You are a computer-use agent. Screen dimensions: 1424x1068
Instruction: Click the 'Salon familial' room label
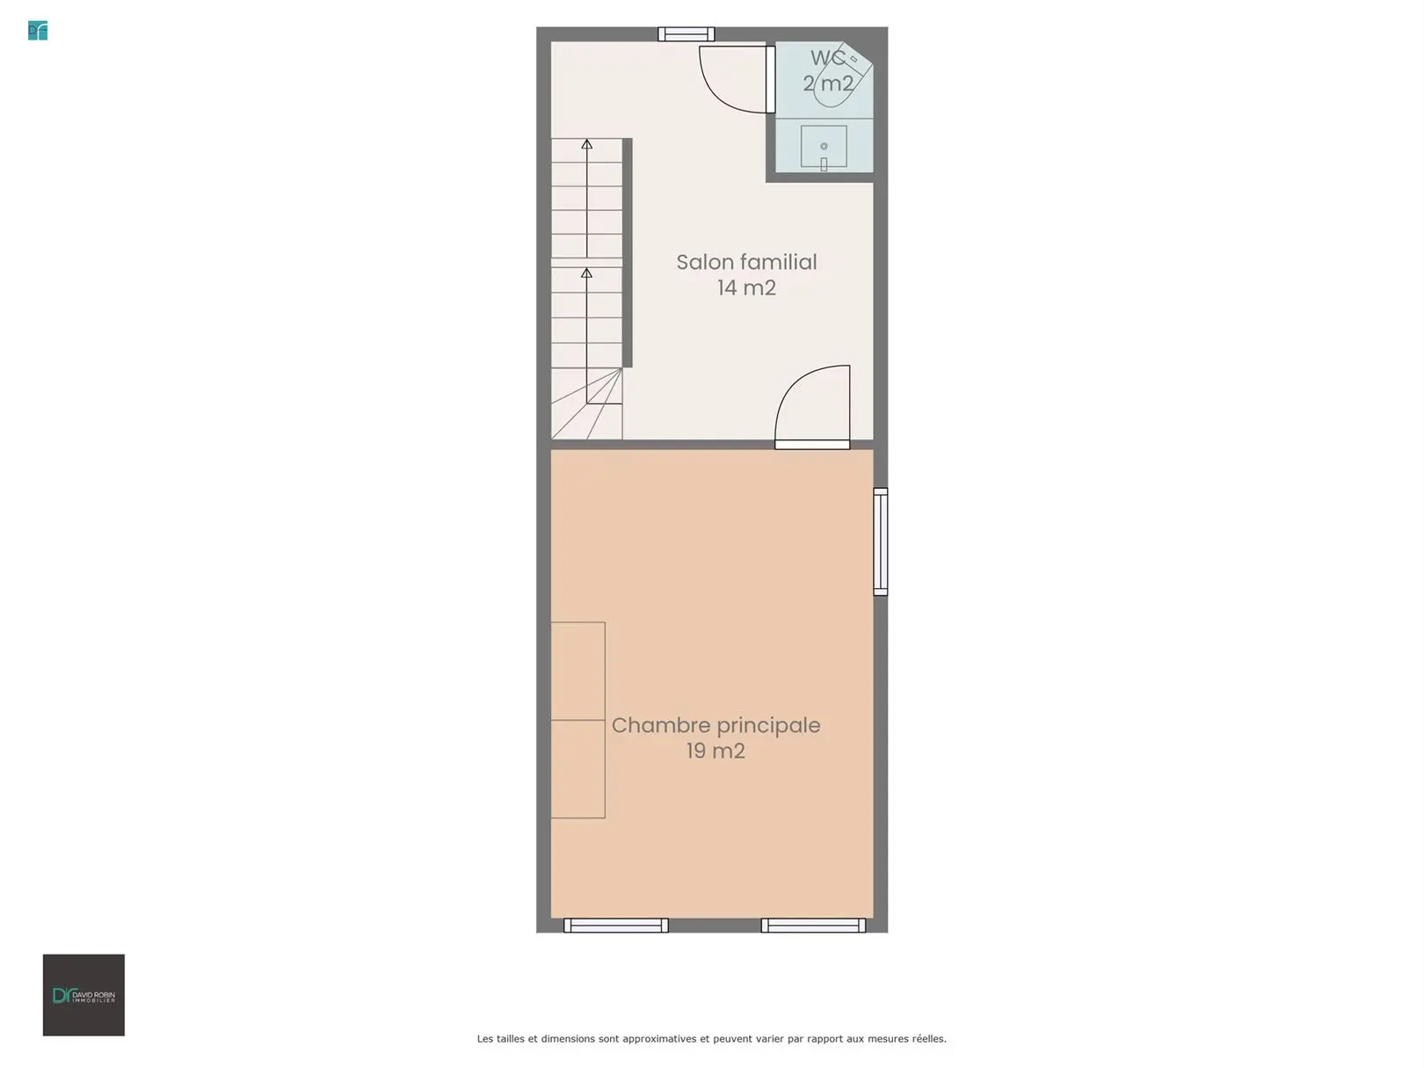pyautogui.click(x=746, y=262)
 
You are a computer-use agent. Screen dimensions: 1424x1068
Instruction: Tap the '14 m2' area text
pyautogui.click(x=746, y=288)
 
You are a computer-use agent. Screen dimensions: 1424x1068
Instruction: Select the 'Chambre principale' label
pyautogui.click(x=716, y=725)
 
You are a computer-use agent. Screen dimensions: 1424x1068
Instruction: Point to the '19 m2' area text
pyautogui.click(x=716, y=751)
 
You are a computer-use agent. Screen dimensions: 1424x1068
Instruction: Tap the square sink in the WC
pyautogui.click(x=824, y=147)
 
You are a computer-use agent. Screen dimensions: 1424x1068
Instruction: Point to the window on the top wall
pyautogui.click(x=687, y=34)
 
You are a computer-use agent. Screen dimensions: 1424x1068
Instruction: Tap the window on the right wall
pyautogui.click(x=881, y=541)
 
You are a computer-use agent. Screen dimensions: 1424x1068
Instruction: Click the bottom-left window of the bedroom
pyautogui.click(x=615, y=926)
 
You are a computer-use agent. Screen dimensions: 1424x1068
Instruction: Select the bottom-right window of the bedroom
pyautogui.click(x=814, y=926)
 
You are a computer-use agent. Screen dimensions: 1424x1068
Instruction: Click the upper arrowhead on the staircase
pyautogui.click(x=586, y=144)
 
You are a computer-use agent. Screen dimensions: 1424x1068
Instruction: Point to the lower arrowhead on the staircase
pyautogui.click(x=586, y=273)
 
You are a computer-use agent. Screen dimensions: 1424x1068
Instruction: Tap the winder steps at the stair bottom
pyautogui.click(x=587, y=404)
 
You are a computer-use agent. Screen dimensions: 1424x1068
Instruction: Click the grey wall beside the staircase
pyautogui.click(x=628, y=253)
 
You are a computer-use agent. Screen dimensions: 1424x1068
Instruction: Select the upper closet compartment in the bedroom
pyautogui.click(x=578, y=672)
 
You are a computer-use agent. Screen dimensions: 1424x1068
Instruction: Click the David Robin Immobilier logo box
pyautogui.click(x=84, y=995)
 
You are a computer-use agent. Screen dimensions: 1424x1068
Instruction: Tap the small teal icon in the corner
pyautogui.click(x=38, y=31)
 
